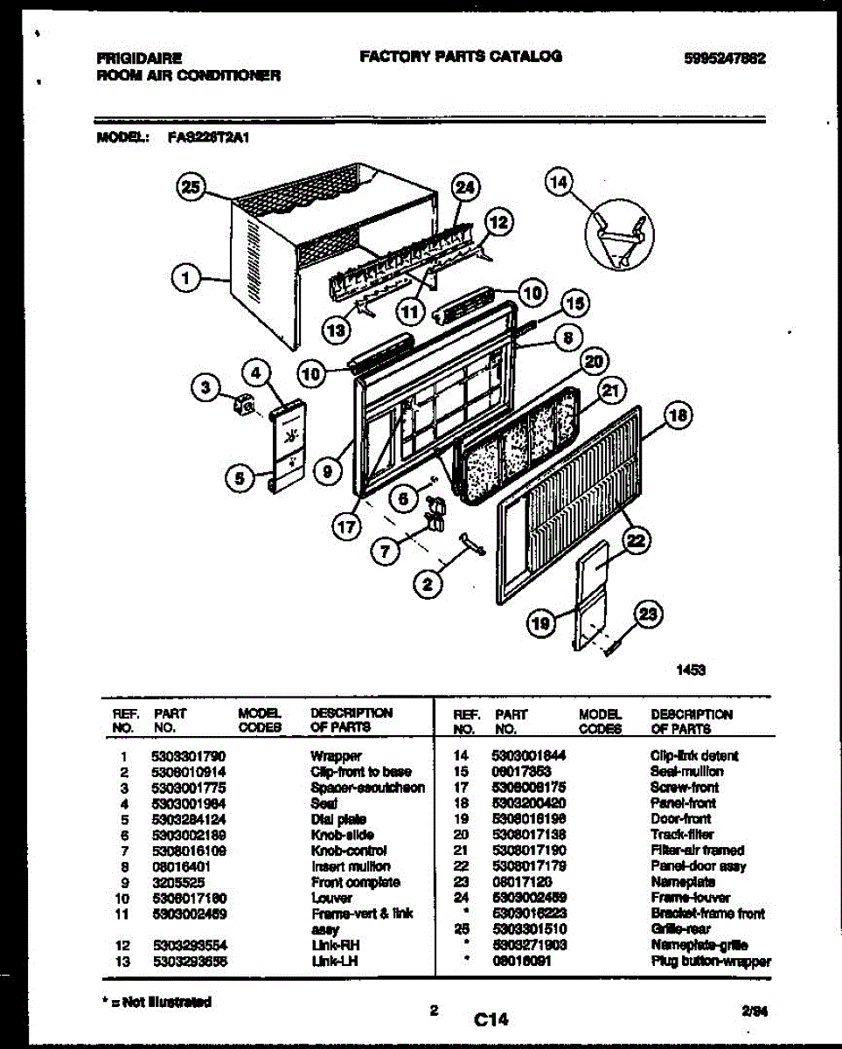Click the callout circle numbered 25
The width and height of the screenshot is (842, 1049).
coord(191,185)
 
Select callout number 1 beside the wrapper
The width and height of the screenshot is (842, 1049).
coord(184,279)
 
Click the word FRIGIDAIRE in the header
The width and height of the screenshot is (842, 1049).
coord(140,59)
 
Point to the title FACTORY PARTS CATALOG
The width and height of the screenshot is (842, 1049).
coord(460,57)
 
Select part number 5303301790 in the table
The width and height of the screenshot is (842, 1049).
coord(188,756)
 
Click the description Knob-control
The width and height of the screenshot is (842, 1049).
coord(349,851)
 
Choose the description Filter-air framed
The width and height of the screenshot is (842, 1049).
coord(697,851)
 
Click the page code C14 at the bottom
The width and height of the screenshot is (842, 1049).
coord(491,1018)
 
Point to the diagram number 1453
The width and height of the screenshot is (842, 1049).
coord(690,670)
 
